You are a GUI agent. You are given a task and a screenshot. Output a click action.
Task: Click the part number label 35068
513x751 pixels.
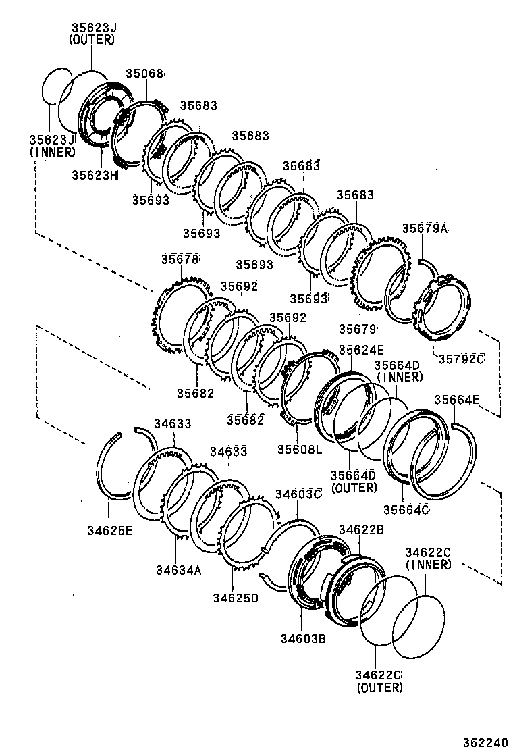click(x=145, y=74)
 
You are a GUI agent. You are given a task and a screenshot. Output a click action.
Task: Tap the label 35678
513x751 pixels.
click(x=180, y=259)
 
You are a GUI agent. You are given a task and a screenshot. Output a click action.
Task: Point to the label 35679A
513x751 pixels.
click(x=425, y=228)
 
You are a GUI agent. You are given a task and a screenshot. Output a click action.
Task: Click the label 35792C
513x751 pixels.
click(x=462, y=358)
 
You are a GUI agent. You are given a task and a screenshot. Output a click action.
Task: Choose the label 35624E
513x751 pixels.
click(x=361, y=349)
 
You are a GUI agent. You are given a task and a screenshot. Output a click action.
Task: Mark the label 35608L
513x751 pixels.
click(x=300, y=448)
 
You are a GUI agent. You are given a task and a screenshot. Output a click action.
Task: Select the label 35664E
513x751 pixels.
click(x=456, y=400)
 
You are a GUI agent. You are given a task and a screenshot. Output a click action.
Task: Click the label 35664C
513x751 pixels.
click(x=406, y=509)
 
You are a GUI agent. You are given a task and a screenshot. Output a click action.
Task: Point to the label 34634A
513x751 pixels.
click(x=180, y=571)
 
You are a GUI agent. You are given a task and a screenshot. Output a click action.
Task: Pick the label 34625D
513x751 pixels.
click(x=236, y=597)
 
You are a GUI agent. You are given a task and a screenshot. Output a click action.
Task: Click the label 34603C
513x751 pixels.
click(x=298, y=494)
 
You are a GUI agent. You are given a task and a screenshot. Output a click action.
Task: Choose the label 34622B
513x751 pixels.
click(x=361, y=530)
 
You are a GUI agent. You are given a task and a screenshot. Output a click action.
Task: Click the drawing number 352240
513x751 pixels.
click(x=483, y=741)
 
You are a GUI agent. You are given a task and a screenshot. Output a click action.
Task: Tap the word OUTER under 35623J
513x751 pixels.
click(x=92, y=40)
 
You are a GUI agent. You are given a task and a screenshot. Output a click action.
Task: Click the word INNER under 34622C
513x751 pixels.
click(x=428, y=565)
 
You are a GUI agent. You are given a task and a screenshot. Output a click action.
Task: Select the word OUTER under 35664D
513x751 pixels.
click(x=354, y=487)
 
